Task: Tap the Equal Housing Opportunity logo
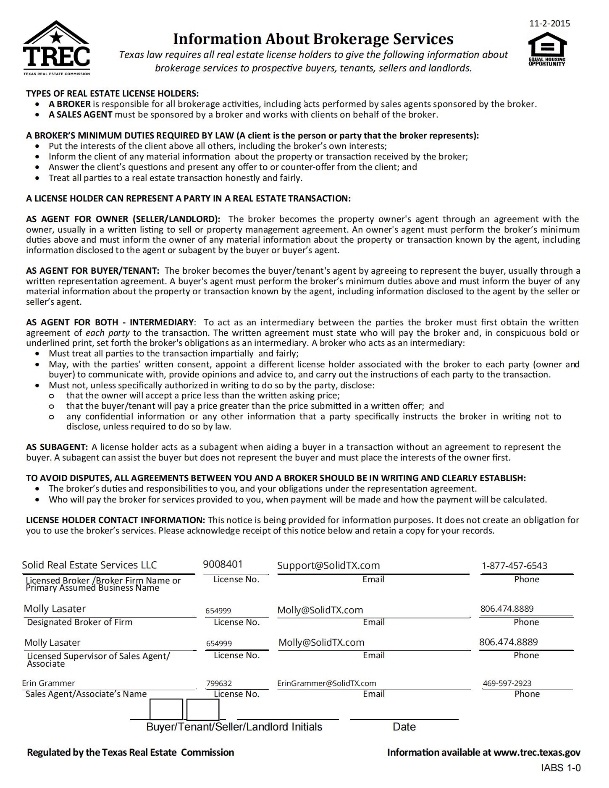(x=547, y=49)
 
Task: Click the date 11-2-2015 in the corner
(x=549, y=24)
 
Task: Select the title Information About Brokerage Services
(x=313, y=39)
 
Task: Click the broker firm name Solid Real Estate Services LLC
(x=89, y=565)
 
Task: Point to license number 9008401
(x=223, y=564)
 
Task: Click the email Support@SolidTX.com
(x=328, y=565)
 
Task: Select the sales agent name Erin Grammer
(x=48, y=683)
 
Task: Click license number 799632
(x=219, y=683)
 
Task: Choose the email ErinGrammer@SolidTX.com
(x=326, y=683)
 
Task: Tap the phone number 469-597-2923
(x=507, y=683)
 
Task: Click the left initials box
(x=166, y=709)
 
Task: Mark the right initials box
(x=203, y=709)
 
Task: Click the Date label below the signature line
(x=404, y=727)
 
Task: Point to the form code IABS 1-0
(x=561, y=768)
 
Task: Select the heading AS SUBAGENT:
(x=57, y=447)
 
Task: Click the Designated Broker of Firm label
(x=79, y=622)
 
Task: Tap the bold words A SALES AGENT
(x=80, y=115)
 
